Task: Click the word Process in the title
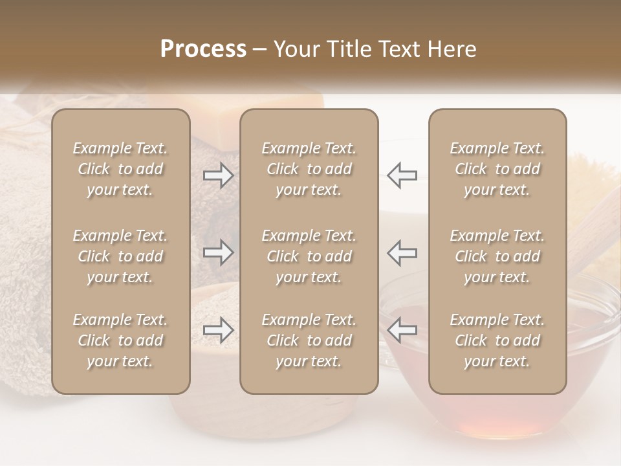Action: (x=203, y=49)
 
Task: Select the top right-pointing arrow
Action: (x=219, y=175)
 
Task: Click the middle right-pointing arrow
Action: (x=219, y=252)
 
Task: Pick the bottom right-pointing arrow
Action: (x=219, y=330)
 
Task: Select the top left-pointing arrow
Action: (x=402, y=175)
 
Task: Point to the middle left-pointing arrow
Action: (x=402, y=252)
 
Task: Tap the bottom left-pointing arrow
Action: (x=402, y=330)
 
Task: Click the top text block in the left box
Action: (x=120, y=169)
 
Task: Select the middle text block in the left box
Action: (x=120, y=256)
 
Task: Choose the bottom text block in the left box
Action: (x=120, y=340)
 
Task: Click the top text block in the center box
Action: (x=309, y=169)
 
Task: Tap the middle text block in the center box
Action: (x=309, y=256)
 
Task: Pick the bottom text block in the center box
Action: (x=309, y=340)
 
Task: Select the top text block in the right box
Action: (x=497, y=169)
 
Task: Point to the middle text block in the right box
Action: (x=497, y=256)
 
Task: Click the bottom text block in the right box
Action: (x=497, y=340)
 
